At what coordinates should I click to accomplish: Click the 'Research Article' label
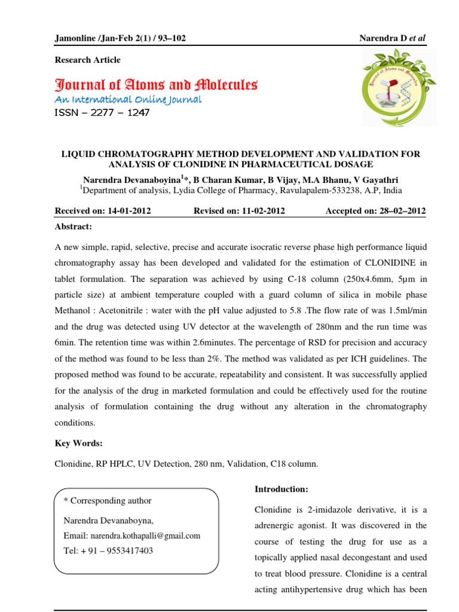(87, 60)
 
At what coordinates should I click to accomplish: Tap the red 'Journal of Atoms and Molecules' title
(156, 84)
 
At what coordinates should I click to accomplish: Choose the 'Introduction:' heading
(281, 489)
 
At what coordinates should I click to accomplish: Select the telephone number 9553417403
(126, 550)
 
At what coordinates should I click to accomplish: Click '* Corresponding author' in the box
(108, 501)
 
